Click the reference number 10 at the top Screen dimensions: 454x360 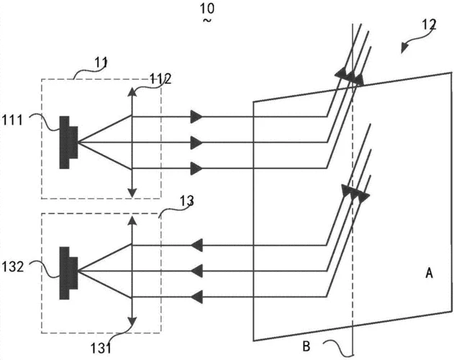(x=207, y=9)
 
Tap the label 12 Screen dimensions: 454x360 (x=429, y=24)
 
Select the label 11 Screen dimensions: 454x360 (x=101, y=63)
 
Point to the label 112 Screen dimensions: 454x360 (x=160, y=78)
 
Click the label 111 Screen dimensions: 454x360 (x=13, y=120)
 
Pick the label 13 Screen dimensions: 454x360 (x=187, y=201)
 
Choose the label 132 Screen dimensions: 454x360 (x=13, y=266)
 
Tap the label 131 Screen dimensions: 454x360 (x=101, y=348)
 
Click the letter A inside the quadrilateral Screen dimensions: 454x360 (x=429, y=273)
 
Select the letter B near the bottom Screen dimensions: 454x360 (x=307, y=346)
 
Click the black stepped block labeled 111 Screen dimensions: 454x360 (x=68, y=143)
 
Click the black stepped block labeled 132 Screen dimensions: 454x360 (x=68, y=273)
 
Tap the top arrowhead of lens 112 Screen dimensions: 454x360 (x=132, y=92)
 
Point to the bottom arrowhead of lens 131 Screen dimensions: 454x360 (x=132, y=322)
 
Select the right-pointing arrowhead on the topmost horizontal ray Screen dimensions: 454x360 (x=196, y=117)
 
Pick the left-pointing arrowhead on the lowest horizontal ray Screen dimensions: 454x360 (x=196, y=297)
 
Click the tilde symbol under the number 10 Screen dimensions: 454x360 (x=207, y=20)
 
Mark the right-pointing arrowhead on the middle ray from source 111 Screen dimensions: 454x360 (x=196, y=143)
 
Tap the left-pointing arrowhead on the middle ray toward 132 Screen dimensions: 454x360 (x=196, y=271)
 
